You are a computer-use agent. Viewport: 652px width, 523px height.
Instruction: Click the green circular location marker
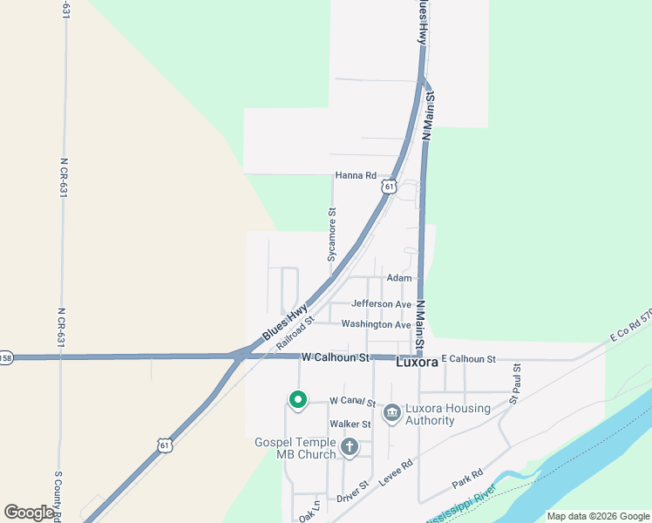[298, 400]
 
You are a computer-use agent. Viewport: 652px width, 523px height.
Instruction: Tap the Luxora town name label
[417, 362]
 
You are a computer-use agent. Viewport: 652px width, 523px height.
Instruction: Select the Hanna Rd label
[356, 176]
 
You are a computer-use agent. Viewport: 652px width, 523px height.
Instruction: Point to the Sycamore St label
[331, 234]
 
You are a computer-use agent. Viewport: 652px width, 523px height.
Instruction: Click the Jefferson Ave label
[381, 304]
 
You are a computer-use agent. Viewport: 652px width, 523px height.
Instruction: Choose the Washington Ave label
[376, 324]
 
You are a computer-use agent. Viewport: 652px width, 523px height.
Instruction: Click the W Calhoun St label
[336, 358]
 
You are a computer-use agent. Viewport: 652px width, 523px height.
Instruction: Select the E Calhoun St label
[468, 359]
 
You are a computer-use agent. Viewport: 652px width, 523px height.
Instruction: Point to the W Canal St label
[353, 403]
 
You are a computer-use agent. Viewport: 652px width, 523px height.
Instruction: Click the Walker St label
[350, 425]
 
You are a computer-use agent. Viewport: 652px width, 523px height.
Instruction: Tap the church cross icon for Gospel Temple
[349, 448]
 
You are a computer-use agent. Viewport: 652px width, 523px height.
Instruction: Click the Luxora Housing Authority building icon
[391, 411]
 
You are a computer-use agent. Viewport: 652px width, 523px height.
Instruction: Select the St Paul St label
[516, 384]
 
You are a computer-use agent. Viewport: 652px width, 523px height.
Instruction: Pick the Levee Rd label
[397, 471]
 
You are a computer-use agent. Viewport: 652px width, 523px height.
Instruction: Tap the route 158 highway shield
[6, 358]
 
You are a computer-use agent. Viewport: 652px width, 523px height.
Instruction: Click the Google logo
[29, 513]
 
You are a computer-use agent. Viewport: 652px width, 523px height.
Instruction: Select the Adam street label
[399, 278]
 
